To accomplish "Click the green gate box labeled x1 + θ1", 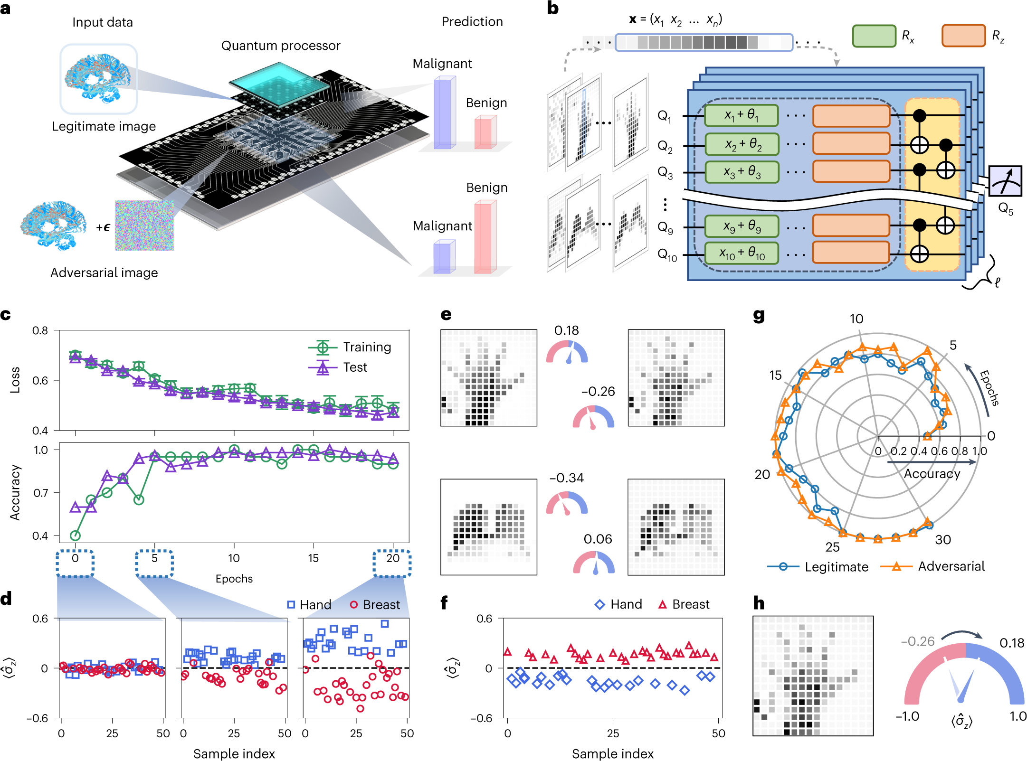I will (x=741, y=115).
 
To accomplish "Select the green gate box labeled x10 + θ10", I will (x=741, y=254).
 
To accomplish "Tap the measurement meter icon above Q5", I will (x=1005, y=181).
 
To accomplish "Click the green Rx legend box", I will (x=874, y=36).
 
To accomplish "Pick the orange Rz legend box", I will (x=963, y=36).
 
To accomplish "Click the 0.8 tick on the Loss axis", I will (x=40, y=330).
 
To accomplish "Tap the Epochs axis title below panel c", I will (x=234, y=579).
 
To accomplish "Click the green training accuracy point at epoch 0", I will (x=75, y=536).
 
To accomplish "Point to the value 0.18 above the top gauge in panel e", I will (x=566, y=330).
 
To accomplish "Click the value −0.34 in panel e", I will (x=566, y=478).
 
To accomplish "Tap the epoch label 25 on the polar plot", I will (x=832, y=547).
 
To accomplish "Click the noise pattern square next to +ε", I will (x=144, y=225).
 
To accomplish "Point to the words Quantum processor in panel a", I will (x=281, y=46).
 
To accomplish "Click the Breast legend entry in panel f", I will (x=684, y=604).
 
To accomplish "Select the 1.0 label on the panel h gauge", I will (x=1017, y=716).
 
